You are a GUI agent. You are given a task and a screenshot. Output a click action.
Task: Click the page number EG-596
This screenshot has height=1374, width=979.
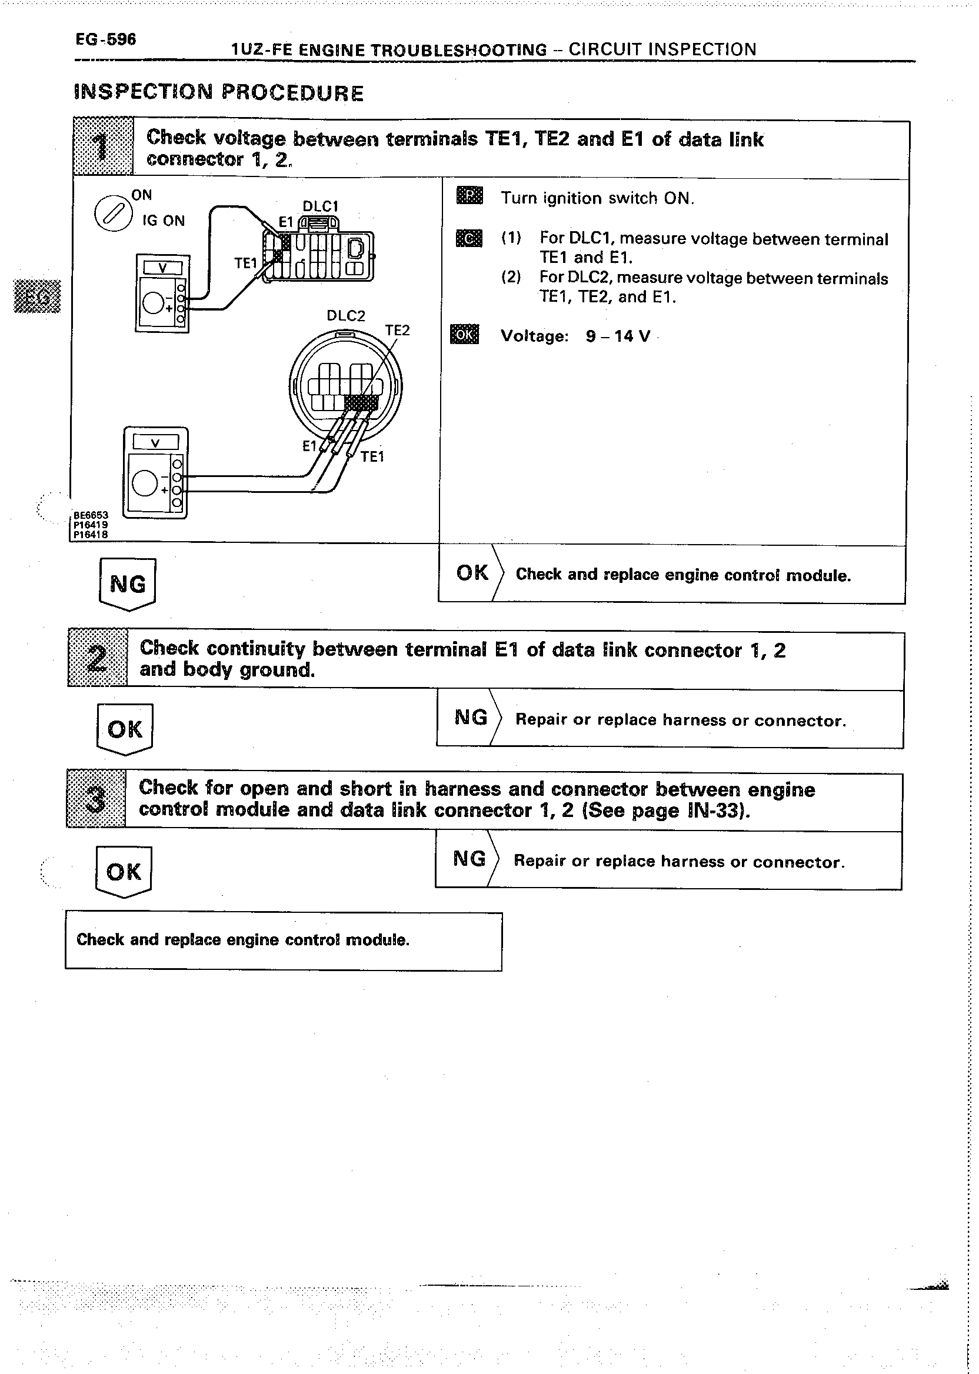coord(105,39)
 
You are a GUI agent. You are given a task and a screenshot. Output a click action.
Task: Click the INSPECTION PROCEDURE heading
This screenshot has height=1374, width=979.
coord(218,92)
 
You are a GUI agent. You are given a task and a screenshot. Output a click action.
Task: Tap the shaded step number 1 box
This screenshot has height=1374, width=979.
coord(102,146)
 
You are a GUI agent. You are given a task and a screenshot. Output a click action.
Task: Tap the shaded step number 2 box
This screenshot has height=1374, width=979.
coord(98,657)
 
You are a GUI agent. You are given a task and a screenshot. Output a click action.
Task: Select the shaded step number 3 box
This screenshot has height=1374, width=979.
coord(96,799)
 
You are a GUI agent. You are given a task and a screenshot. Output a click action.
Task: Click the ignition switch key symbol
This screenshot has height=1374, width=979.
coord(113,214)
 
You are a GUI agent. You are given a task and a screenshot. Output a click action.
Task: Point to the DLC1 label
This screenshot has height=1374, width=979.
coord(320,206)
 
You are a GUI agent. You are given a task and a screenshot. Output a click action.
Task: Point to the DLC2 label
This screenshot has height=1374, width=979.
coord(345,316)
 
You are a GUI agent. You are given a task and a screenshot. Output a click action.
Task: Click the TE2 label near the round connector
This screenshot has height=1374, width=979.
coord(397,330)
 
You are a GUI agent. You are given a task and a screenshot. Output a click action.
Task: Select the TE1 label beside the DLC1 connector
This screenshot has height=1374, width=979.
coord(245,264)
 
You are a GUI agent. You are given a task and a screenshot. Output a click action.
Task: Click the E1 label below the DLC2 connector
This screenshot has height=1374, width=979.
coord(309,446)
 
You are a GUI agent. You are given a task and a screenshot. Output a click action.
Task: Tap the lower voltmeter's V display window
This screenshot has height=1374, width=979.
coord(155,443)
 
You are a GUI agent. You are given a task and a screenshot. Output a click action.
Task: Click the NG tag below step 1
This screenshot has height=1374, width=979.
coord(127,583)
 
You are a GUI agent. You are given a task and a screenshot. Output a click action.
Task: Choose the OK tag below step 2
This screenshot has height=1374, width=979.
coord(125,729)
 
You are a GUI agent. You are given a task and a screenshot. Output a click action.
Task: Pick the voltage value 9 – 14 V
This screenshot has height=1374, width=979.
coord(618,336)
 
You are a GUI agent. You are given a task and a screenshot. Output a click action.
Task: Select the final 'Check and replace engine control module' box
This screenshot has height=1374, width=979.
coord(284,940)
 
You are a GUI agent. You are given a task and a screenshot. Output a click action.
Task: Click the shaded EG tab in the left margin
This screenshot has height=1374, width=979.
coord(37,296)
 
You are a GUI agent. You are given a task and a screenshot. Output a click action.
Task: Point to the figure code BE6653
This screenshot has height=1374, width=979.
coord(91,515)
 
